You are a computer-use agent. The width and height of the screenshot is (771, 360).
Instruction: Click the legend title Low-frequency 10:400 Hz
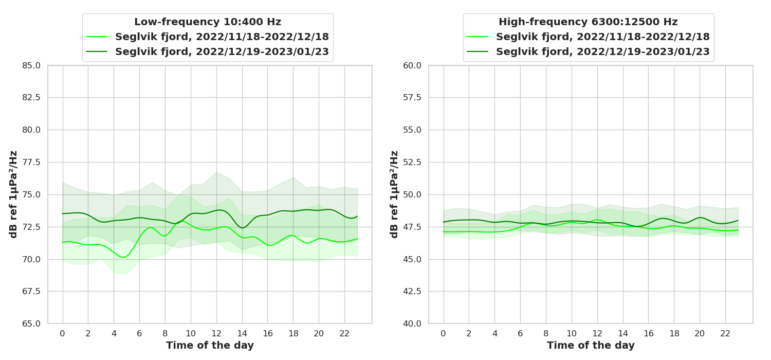point(208,22)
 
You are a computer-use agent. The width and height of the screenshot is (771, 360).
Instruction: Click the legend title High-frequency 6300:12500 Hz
point(588,22)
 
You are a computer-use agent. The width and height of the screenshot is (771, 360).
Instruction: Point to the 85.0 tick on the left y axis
point(31,65)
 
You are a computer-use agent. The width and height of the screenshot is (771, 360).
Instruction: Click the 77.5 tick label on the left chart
point(31,163)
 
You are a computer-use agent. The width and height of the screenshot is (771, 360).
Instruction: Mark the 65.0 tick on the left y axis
point(31,324)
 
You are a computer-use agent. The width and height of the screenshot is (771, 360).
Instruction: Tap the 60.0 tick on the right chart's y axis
point(412,65)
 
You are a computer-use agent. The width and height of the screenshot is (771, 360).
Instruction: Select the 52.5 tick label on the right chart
point(412,163)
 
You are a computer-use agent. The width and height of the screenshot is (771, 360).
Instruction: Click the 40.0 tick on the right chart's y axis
point(412,324)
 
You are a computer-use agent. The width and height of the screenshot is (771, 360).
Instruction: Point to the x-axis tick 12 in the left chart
point(216,333)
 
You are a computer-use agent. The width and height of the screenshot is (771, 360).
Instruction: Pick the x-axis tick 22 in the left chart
point(344,333)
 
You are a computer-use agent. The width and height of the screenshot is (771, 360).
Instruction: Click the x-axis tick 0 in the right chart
point(444,333)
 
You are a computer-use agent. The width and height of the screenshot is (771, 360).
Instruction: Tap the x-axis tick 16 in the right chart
point(648,333)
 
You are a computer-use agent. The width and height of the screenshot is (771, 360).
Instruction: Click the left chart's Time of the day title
point(210,346)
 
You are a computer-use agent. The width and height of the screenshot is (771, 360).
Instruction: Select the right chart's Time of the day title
point(591,346)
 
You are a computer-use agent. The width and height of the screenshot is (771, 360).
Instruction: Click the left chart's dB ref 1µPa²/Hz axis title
point(14,194)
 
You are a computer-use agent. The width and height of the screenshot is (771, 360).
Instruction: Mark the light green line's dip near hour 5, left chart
point(124,257)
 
